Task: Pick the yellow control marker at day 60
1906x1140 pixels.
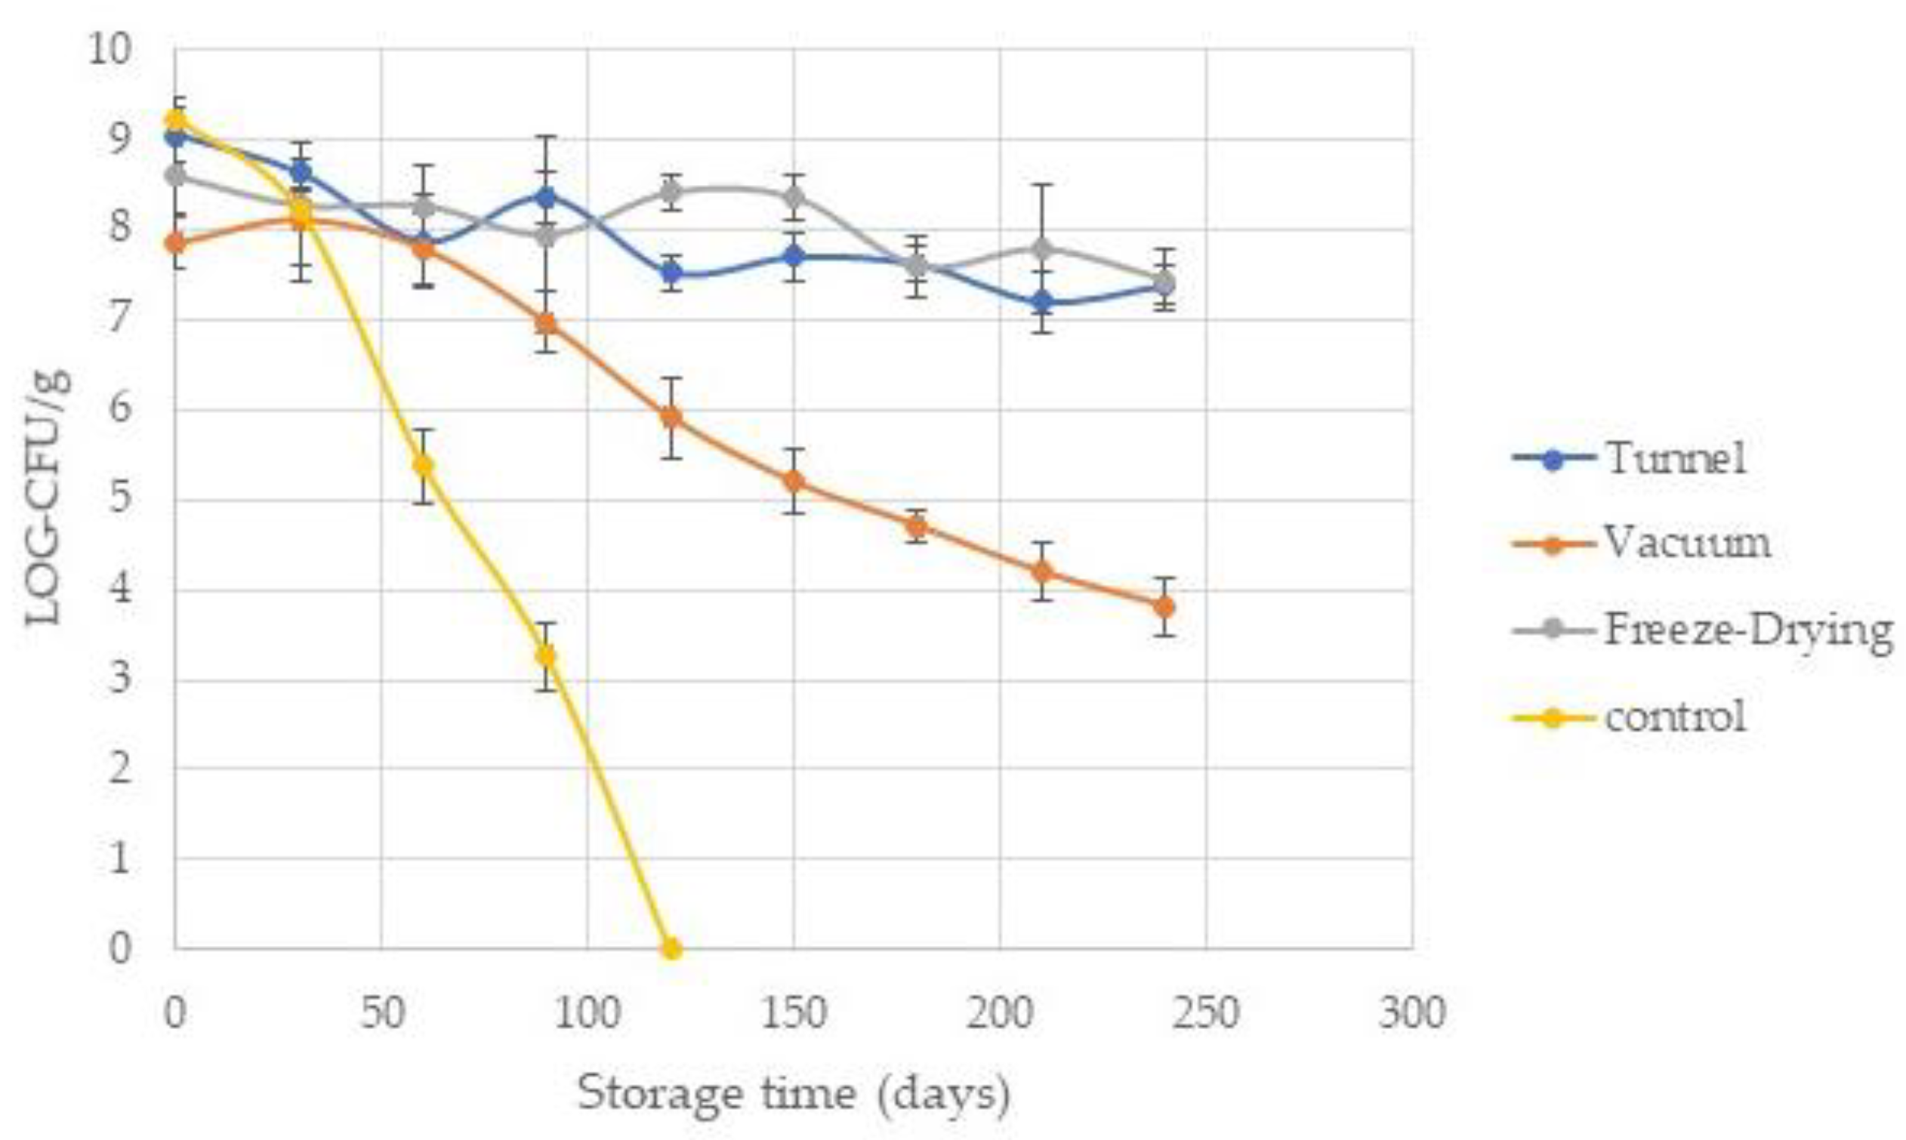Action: pos(423,465)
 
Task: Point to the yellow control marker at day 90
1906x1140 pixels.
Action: pos(546,655)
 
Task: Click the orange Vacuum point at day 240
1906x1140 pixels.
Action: pos(1164,607)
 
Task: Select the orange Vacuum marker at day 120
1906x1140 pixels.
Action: pos(671,416)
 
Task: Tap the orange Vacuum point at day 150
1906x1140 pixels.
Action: pos(794,481)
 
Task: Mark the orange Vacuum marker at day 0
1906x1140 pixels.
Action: pos(176,244)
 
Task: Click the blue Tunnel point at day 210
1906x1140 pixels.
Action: pos(1042,302)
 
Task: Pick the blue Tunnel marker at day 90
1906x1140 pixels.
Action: pos(546,198)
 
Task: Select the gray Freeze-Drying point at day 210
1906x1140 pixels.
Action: pos(1042,248)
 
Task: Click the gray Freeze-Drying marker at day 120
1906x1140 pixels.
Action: pos(671,192)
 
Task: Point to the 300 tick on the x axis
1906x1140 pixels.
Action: pos(1412,1012)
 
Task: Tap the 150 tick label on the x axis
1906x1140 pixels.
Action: pos(794,1012)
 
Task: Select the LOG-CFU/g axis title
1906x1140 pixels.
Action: pos(48,498)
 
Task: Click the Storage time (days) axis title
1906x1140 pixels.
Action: pos(794,1094)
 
